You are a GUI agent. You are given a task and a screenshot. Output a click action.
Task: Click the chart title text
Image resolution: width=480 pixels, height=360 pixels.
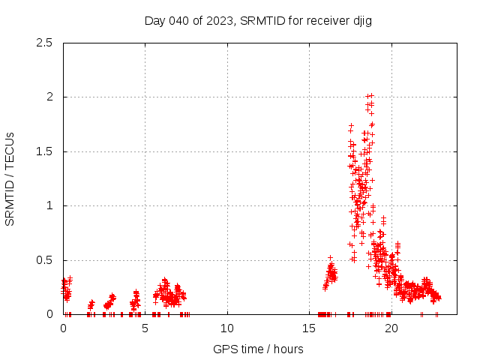(x=258, y=20)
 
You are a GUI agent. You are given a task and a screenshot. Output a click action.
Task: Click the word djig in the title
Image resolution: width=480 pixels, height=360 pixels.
(x=361, y=20)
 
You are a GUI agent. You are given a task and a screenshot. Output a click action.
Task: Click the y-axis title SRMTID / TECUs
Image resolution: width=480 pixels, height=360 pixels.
(x=10, y=178)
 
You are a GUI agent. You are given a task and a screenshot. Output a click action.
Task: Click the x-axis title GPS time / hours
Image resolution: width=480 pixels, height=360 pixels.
(x=258, y=349)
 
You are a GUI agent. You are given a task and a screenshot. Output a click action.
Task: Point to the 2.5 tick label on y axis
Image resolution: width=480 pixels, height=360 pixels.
(x=47, y=43)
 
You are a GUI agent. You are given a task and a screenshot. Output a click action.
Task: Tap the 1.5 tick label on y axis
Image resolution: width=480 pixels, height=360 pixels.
(x=47, y=151)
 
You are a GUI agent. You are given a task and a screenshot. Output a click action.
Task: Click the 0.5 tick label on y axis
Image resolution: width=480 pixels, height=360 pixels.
(x=47, y=260)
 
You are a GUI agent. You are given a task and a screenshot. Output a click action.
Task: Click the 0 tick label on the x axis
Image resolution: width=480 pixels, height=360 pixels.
(x=63, y=328)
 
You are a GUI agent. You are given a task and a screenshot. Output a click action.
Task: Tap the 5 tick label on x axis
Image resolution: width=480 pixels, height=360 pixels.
(x=145, y=328)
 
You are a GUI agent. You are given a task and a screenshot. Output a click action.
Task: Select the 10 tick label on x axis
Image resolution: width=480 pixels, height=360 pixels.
(x=227, y=328)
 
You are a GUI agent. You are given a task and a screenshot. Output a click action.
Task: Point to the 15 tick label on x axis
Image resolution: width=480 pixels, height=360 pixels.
(x=309, y=328)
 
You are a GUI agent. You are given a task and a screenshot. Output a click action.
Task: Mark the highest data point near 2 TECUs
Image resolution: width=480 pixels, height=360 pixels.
(x=368, y=96)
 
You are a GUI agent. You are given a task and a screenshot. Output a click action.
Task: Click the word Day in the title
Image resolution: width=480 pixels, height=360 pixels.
(x=154, y=20)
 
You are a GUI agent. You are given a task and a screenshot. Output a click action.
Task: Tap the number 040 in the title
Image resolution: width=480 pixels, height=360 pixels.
(x=178, y=20)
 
